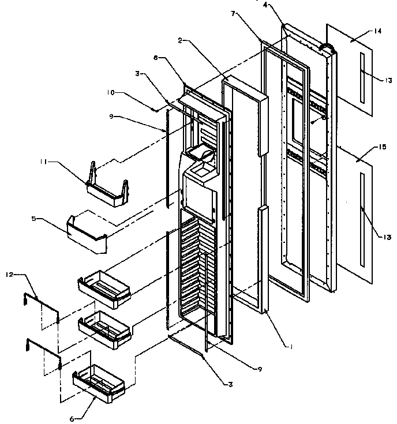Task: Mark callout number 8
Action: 155,58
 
